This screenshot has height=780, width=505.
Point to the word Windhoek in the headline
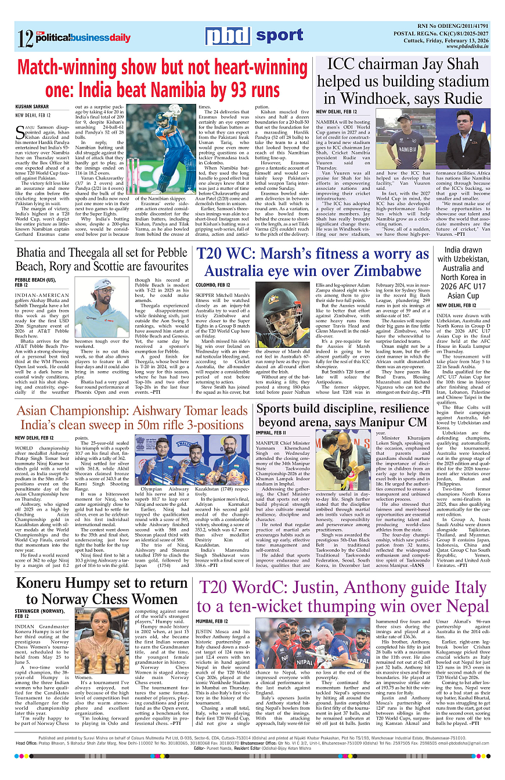[374, 98]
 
